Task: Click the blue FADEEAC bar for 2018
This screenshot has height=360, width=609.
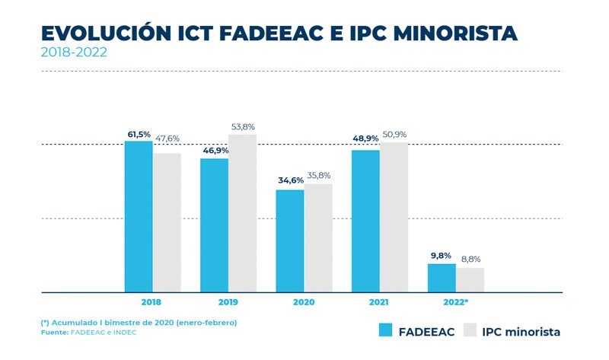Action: [x=139, y=216]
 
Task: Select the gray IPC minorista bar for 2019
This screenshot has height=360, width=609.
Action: [x=242, y=213]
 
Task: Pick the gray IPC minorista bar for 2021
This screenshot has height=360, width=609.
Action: [x=394, y=217]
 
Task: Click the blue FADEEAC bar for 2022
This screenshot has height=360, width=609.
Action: [x=442, y=278]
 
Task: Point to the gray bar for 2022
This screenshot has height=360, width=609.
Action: [x=470, y=279]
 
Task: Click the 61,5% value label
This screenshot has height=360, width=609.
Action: [x=139, y=134]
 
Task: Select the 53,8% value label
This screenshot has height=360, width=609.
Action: [x=243, y=127]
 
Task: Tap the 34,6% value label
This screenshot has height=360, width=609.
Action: [x=290, y=181]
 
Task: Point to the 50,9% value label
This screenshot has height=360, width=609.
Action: [x=394, y=135]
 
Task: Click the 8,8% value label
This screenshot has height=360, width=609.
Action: [x=470, y=260]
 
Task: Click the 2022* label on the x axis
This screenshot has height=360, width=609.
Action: [x=455, y=302]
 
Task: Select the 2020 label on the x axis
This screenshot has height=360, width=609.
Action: [x=304, y=302]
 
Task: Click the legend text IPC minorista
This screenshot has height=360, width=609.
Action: [x=521, y=332]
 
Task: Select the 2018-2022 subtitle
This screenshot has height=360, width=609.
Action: [x=74, y=53]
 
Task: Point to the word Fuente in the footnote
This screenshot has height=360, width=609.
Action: [x=53, y=333]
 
